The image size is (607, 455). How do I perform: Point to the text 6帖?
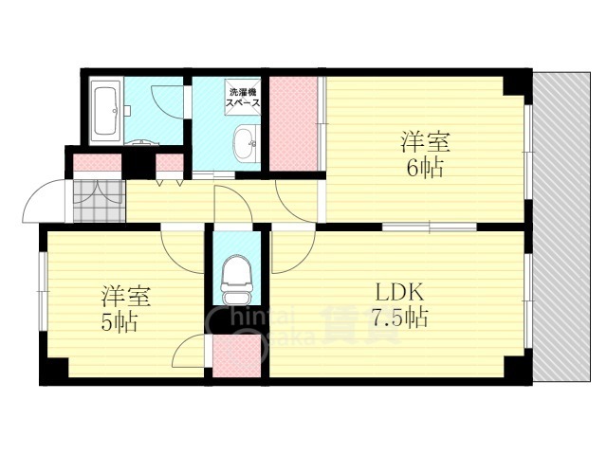click(x=422, y=168)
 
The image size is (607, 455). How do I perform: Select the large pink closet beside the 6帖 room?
click(x=292, y=123)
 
